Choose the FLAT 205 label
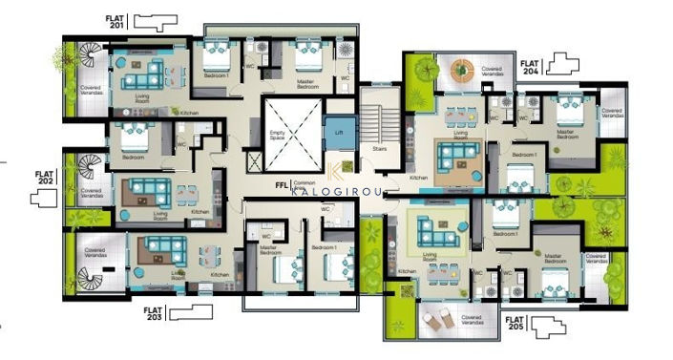[x=518, y=325]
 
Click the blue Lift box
[x=336, y=130]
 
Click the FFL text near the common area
[x=282, y=181]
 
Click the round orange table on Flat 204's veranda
[x=462, y=69]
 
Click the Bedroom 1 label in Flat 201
[x=217, y=73]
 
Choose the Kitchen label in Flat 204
[x=418, y=178]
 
